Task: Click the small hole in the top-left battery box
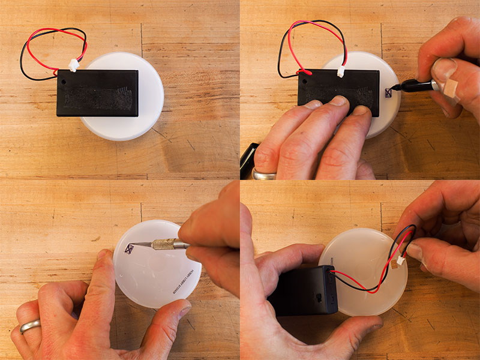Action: click(x=63, y=77)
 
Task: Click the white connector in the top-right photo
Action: click(x=341, y=71)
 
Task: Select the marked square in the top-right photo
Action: click(x=388, y=92)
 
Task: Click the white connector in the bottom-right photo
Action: click(x=397, y=260)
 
